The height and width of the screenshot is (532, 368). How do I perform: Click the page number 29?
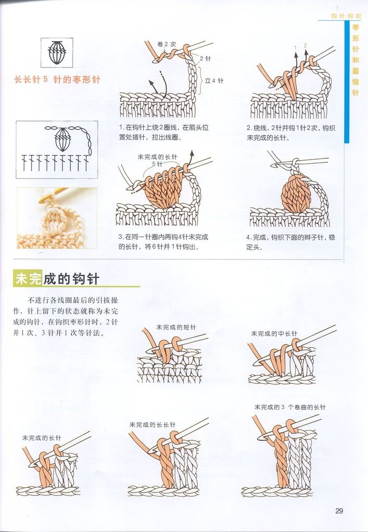[339, 511]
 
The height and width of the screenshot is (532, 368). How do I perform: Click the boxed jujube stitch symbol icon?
[57, 53]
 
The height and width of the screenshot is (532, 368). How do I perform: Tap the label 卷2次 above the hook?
[167, 44]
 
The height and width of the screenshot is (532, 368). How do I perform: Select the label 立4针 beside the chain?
[214, 81]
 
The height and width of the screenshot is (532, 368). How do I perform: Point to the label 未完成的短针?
[176, 327]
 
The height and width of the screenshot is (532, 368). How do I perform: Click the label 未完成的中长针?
[274, 333]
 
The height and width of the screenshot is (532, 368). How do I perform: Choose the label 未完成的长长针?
[153, 424]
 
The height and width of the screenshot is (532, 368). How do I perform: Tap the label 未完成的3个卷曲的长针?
[290, 407]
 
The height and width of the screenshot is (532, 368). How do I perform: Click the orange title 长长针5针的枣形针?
[57, 80]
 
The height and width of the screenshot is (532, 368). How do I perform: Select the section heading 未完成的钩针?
[57, 279]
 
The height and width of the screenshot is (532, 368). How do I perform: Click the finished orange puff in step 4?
[296, 193]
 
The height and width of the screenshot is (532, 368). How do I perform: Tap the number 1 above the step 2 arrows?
[296, 47]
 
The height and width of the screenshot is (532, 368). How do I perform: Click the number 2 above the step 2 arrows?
[306, 45]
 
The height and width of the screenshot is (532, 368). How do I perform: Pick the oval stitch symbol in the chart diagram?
[63, 139]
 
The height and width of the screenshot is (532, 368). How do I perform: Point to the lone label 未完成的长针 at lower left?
[42, 438]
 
